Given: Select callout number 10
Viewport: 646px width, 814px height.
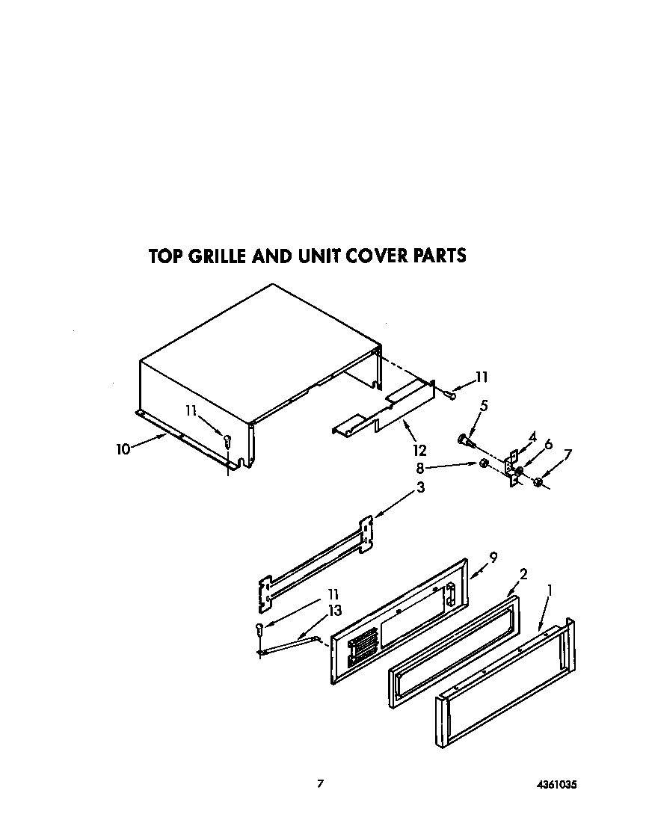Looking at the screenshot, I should (123, 448).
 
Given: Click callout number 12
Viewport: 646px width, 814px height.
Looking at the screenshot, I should (419, 450).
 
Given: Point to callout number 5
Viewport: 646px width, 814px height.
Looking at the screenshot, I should (485, 406).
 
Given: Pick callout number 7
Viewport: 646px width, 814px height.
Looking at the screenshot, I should (568, 454).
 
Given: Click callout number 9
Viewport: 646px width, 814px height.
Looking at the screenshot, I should (493, 556).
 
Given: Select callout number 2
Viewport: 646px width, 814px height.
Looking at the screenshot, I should (523, 574).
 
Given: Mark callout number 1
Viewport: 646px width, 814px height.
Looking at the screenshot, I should (551, 591).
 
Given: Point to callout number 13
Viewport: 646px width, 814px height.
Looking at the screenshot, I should (334, 611).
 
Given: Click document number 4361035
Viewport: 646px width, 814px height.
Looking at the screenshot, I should (556, 785).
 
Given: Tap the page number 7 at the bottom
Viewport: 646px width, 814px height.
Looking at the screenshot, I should (320, 784).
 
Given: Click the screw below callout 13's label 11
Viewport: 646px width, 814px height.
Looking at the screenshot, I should (259, 629).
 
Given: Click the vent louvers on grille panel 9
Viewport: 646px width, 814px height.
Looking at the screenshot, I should (363, 644).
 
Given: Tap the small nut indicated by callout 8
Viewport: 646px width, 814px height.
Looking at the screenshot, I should (484, 465).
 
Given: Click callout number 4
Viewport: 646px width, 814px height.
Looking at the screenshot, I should (532, 436).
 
